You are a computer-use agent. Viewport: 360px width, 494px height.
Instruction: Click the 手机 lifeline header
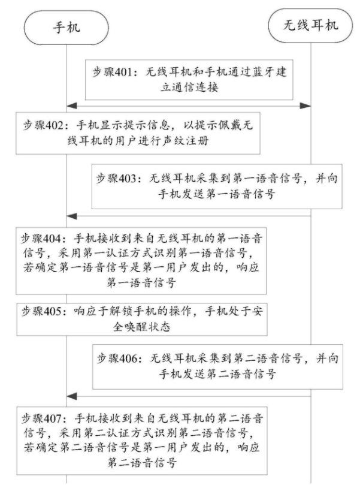click(66, 28)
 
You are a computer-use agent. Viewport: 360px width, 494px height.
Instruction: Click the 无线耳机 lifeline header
click(311, 25)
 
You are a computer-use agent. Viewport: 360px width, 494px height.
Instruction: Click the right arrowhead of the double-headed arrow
click(305, 106)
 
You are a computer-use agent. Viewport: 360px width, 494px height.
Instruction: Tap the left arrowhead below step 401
click(72, 106)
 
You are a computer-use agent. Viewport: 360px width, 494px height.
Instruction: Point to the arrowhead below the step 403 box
click(72, 216)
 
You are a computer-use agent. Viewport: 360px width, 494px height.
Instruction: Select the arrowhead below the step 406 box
click(72, 396)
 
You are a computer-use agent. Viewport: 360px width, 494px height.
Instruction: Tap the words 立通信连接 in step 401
click(189, 87)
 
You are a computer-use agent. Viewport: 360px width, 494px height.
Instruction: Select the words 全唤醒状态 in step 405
click(142, 327)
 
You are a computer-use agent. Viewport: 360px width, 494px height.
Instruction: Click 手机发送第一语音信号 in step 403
click(217, 194)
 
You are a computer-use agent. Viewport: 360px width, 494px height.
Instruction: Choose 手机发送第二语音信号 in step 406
click(217, 374)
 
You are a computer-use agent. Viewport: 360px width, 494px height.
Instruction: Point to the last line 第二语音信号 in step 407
click(142, 463)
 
